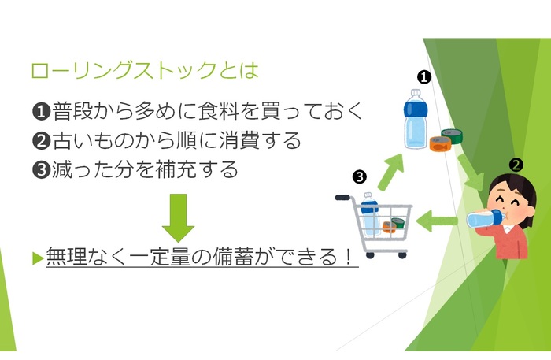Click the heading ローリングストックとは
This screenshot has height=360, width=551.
pyautogui.click(x=144, y=70)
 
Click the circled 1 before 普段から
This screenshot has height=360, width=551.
pyautogui.click(x=41, y=111)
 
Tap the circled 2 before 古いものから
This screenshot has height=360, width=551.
pyautogui.click(x=41, y=140)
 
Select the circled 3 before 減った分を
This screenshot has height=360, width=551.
pyautogui.click(x=41, y=169)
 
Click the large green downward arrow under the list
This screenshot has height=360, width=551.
pyautogui.click(x=179, y=217)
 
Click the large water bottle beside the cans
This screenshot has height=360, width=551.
pyautogui.click(x=415, y=118)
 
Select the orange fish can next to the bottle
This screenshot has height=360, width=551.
pyautogui.click(x=439, y=143)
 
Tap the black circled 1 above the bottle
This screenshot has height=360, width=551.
pyautogui.click(x=423, y=76)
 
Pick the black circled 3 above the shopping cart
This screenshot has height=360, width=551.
pyautogui.click(x=360, y=176)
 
